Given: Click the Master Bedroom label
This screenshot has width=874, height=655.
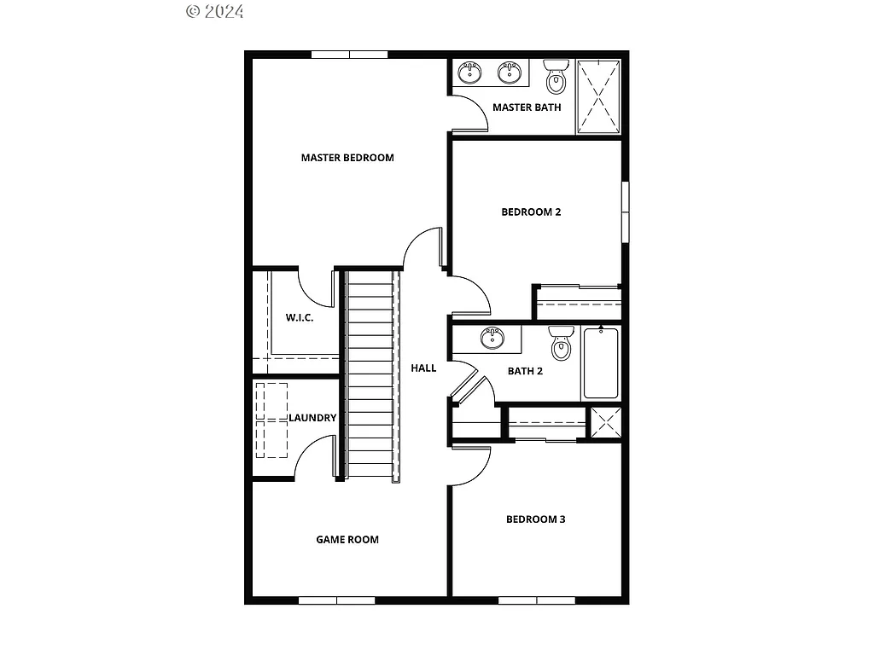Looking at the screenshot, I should point(347,158).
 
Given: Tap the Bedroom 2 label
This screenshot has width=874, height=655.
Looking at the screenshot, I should point(531,212).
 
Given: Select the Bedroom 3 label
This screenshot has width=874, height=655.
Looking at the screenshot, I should point(536,519).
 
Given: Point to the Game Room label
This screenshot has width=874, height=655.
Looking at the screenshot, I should point(347,540).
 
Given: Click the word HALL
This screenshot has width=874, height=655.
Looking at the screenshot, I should point(423,368).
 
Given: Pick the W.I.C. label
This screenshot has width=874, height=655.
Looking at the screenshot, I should point(300,318).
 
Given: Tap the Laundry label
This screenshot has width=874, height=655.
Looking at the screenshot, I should point(312,418).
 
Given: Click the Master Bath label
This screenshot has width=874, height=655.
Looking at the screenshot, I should point(527,107).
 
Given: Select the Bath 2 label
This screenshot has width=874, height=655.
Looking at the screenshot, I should point(525,371).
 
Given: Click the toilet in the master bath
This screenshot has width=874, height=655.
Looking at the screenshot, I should point(556,78).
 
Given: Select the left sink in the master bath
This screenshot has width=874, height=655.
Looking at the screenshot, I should point(469,72).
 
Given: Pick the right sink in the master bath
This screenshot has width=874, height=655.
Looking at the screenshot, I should point(510,72).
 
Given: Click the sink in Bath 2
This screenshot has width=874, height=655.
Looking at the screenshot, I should point(492,339).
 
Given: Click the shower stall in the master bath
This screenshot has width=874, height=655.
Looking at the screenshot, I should point(598,96).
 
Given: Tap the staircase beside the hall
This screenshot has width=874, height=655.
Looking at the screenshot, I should point(371,375).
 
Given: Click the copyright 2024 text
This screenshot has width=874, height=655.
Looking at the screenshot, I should point(214,11).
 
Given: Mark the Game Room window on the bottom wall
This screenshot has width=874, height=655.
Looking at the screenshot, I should point(336,600).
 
